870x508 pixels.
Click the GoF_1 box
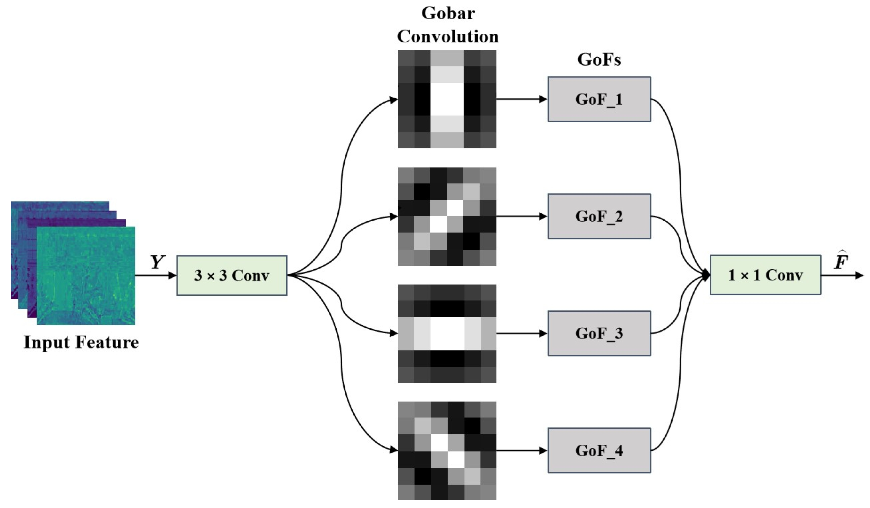click(599, 99)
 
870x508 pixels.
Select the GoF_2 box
click(599, 216)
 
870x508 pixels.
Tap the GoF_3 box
click(599, 334)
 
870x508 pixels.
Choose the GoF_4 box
click(599, 451)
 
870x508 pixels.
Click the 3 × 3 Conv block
click(232, 276)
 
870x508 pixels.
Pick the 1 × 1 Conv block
click(765, 275)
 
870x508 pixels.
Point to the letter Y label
click(157, 262)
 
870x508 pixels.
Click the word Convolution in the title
click(448, 36)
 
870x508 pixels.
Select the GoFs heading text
click(599, 59)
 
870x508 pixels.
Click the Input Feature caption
click(81, 342)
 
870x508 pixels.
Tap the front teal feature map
click(86, 276)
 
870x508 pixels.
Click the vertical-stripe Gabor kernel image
click(447, 99)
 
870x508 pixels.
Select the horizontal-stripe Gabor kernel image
click(447, 334)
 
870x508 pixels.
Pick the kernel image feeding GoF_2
click(447, 216)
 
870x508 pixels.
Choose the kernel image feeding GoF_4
click(447, 451)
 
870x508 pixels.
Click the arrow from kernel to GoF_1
click(521, 99)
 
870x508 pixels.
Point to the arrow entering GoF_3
click(521, 334)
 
